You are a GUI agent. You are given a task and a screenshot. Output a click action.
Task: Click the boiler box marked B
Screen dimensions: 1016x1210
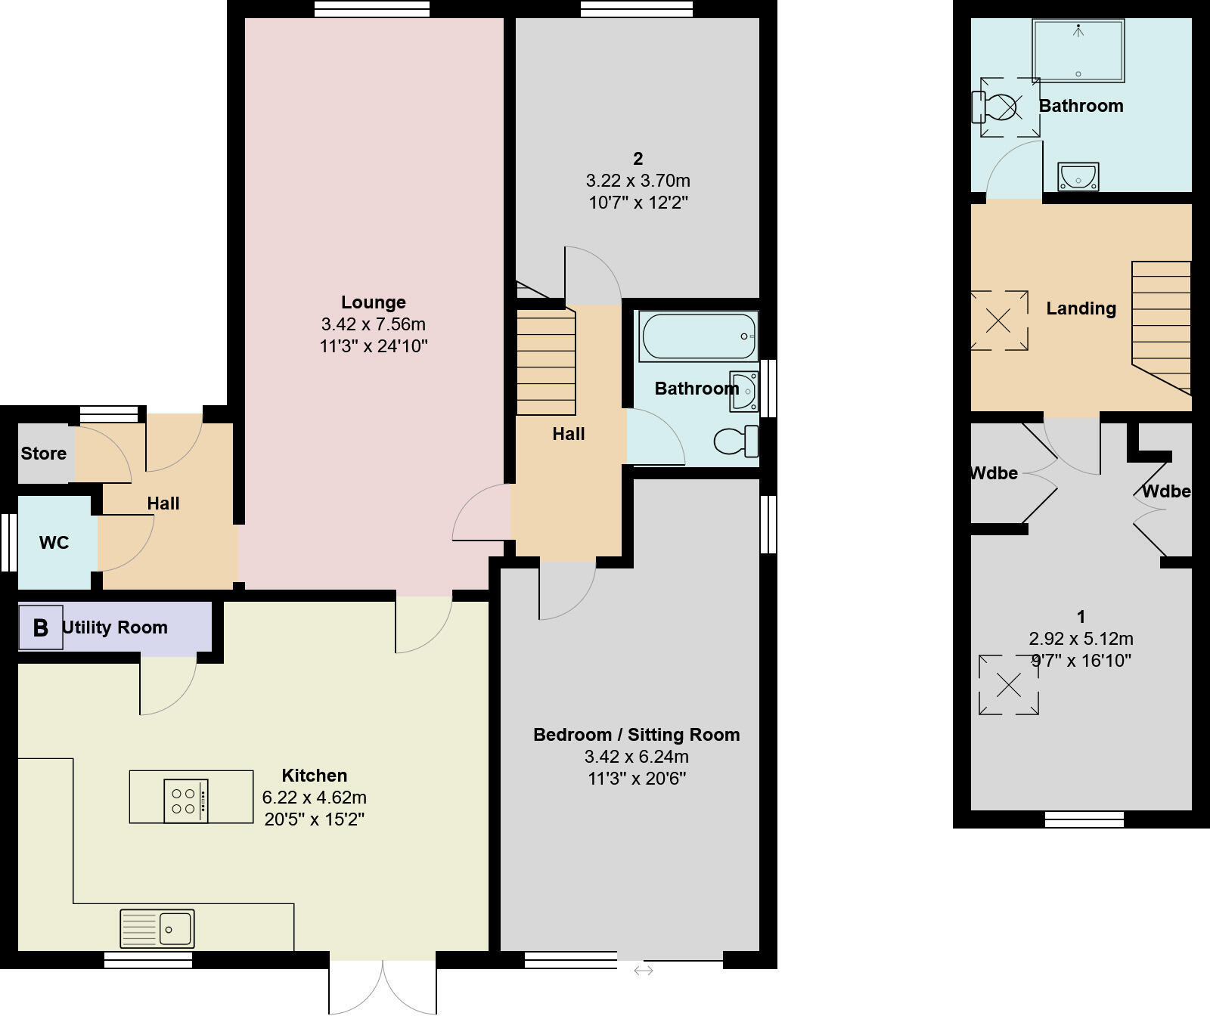(40, 627)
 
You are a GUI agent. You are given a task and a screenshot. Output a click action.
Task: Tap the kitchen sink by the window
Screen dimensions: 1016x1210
(157, 928)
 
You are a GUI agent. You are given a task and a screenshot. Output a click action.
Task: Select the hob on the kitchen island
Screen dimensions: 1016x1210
(186, 801)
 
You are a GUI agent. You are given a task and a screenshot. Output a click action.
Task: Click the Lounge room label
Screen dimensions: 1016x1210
(373, 302)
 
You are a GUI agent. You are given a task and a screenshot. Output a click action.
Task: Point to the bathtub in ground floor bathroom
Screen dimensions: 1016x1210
(697, 336)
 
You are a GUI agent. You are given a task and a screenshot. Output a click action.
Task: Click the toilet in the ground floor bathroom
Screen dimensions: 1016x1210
(735, 441)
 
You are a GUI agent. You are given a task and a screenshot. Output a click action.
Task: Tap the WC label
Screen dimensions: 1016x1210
(54, 543)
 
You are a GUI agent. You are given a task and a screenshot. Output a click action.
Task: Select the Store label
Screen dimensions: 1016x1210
(43, 454)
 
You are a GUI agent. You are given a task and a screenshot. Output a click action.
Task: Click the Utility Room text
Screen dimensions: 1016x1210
(115, 627)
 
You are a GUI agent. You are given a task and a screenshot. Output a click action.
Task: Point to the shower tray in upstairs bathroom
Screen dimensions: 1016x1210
(1078, 51)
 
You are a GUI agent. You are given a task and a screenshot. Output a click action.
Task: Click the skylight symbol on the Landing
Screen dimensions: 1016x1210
(998, 321)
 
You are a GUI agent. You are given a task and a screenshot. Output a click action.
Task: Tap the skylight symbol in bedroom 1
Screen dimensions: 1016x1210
(1008, 685)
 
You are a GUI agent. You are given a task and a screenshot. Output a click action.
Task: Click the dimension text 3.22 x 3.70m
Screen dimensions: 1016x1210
(638, 181)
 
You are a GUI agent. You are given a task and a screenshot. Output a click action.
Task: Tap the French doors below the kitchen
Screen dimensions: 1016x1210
(383, 987)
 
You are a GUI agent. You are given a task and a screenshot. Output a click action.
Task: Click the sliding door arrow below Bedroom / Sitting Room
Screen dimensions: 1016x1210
(643, 970)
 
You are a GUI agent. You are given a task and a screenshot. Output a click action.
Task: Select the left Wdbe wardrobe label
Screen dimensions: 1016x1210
(993, 473)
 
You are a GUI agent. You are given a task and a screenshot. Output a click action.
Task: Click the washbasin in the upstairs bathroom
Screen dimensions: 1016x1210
(1078, 177)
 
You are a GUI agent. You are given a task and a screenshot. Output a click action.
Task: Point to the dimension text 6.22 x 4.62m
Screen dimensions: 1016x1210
(314, 798)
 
